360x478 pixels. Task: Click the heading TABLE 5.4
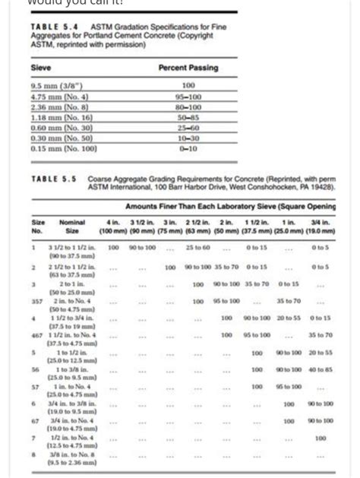coord(48,26)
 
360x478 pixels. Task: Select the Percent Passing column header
coord(188,68)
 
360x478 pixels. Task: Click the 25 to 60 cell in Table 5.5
coord(197,248)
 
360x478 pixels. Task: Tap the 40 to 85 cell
coord(320,369)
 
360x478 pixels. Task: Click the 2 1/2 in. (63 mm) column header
coord(197,225)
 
